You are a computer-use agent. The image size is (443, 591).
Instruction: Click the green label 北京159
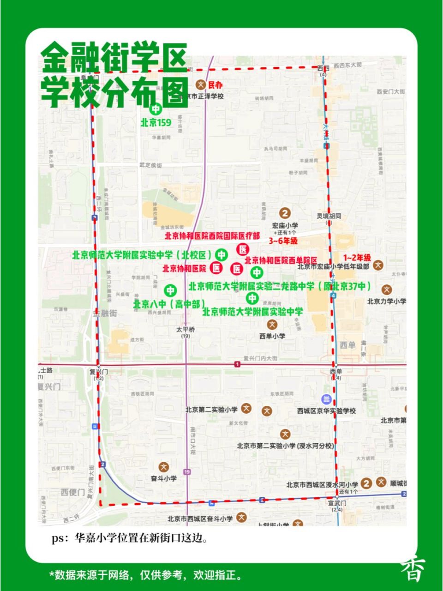(156, 123)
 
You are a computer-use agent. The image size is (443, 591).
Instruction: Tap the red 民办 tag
(216, 85)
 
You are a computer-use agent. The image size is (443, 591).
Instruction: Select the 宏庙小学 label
(285, 225)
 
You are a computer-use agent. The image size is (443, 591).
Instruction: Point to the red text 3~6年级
(283, 241)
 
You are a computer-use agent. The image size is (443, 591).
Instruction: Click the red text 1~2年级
(356, 257)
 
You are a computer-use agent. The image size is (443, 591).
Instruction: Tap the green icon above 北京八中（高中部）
(170, 290)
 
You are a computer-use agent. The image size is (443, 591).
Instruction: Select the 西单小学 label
(272, 336)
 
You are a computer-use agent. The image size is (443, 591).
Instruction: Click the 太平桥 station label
(186, 330)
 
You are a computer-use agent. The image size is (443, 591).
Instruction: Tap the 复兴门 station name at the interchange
(98, 371)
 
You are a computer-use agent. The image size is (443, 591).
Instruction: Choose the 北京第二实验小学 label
(211, 409)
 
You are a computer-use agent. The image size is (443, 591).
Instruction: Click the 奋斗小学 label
(164, 478)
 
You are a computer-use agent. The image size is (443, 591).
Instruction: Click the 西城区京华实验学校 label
(326, 410)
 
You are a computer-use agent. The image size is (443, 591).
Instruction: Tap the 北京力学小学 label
(387, 301)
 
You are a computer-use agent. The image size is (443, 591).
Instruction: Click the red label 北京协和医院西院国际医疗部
(212, 236)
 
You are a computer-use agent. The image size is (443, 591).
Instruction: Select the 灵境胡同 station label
(329, 216)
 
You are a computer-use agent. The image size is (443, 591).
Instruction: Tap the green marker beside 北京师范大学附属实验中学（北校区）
(222, 254)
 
